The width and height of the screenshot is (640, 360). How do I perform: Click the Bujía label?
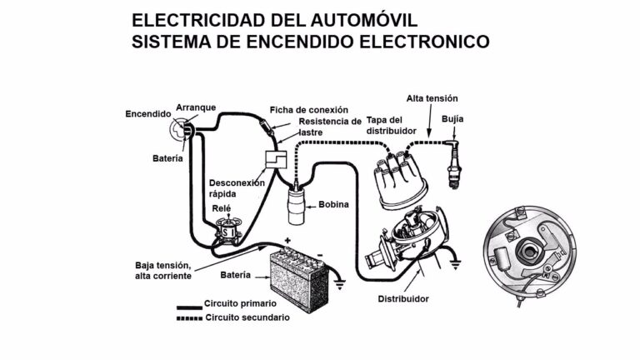tap(453, 119)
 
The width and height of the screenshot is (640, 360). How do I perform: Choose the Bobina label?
tap(333, 204)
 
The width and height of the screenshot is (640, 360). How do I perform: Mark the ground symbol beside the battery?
tap(338, 282)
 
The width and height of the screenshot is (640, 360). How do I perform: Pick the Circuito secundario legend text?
tap(247, 317)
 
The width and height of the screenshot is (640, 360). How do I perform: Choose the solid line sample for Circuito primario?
tap(187, 305)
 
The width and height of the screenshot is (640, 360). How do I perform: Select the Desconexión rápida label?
tap(237, 188)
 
